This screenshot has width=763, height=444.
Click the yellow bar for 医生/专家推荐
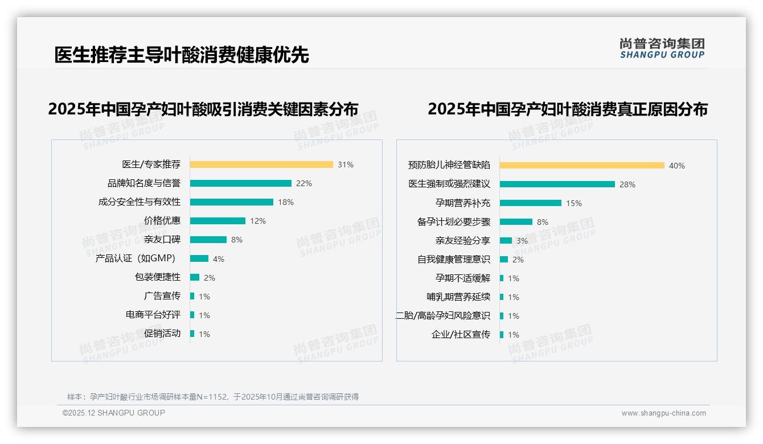pos(261,165)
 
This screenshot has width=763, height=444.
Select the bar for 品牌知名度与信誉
pos(240,183)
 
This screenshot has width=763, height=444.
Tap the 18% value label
pos(285,202)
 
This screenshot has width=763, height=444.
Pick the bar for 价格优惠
pos(218,221)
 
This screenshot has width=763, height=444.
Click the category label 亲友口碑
pos(162,240)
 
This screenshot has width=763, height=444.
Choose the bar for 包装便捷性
pos(195,277)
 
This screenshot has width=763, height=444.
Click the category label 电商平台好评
pos(153,315)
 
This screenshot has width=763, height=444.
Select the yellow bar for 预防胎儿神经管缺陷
pos(582,166)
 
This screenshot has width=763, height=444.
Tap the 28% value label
pos(627,184)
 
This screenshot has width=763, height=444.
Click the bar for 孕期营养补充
pos(531,203)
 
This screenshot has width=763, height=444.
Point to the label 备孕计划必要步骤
pos(454,222)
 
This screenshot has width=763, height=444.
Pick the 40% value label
pos(676,166)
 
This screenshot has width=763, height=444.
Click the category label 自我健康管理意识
pos(454,260)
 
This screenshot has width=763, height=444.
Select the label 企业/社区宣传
pos(461,335)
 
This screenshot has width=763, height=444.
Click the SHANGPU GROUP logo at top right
pos(662,48)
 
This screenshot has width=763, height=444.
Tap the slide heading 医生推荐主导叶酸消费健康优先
pos(182,55)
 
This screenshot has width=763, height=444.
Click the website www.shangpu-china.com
pos(663,413)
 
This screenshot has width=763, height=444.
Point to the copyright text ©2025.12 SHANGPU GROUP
pos(114,413)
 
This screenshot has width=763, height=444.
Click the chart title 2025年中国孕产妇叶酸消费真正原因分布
pos(567,109)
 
